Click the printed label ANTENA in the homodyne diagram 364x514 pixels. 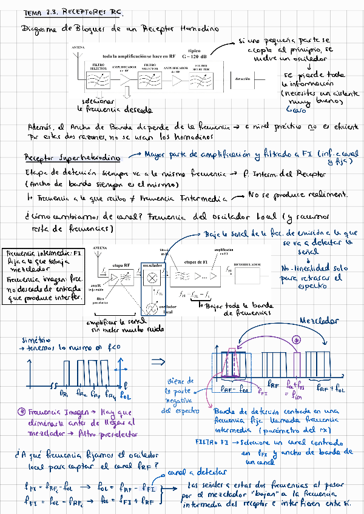(78, 47)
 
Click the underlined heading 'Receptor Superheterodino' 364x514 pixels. (72, 158)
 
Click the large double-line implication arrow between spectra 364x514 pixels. (159, 362)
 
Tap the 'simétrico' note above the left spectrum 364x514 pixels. (36, 340)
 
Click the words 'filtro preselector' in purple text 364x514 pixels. (112, 433)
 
